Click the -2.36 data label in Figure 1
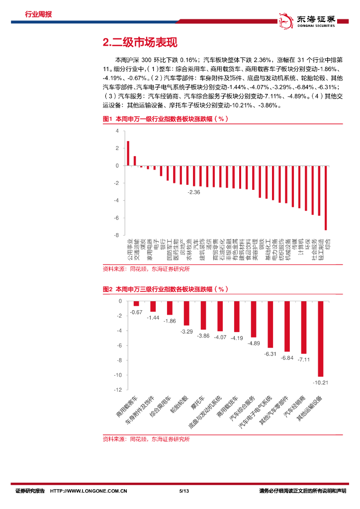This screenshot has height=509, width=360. (193, 192)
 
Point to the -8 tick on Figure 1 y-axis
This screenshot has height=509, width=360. (116, 235)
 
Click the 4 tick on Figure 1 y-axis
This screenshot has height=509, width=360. (117, 131)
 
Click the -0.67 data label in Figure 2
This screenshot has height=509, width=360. (136, 312)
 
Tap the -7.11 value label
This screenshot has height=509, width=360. (303, 359)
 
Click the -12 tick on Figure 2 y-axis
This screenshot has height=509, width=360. (117, 390)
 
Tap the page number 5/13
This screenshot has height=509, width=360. (184, 491)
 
